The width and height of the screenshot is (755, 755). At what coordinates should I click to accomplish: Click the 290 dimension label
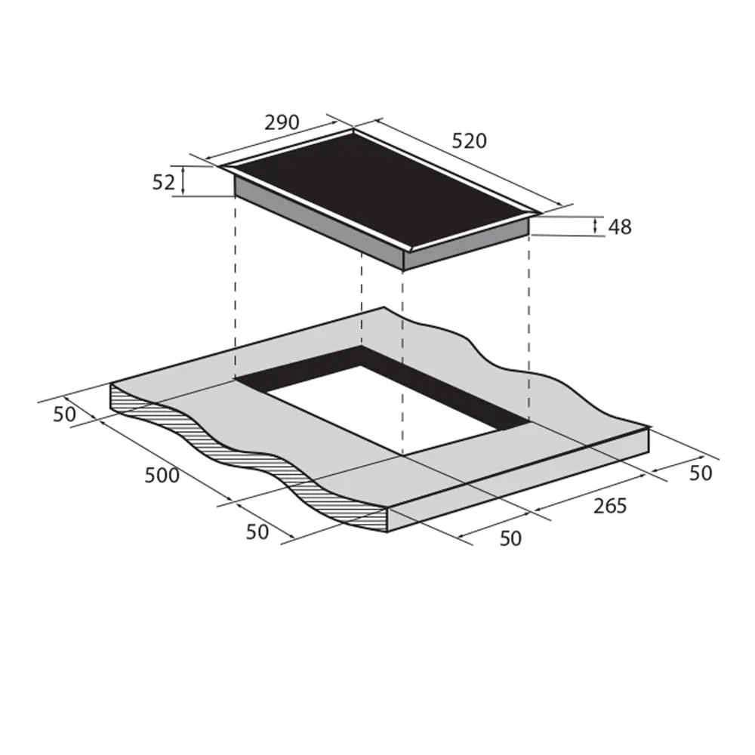tap(282, 122)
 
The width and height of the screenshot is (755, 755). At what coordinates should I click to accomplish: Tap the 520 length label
tap(469, 140)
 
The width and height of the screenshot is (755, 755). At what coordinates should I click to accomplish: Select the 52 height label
tap(163, 183)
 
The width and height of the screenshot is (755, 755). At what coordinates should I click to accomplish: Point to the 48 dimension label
tap(620, 226)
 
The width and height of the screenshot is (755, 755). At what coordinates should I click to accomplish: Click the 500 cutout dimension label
tap(162, 475)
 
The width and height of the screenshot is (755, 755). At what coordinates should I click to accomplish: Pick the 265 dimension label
tap(610, 506)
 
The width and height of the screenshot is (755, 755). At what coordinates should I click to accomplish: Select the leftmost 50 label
tap(64, 414)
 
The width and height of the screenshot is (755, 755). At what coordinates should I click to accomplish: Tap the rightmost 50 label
tap(701, 473)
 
